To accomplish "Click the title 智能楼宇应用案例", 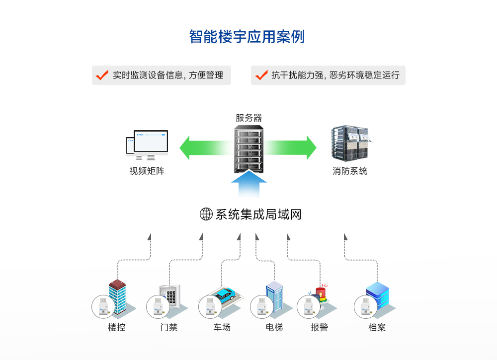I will point(247,37).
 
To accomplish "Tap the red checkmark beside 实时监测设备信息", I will point(102,75).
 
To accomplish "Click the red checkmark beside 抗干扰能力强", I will point(261,75).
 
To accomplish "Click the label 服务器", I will point(248,118).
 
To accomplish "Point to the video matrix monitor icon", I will point(147,144).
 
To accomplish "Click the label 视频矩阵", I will point(147,171).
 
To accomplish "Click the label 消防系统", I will point(350,171).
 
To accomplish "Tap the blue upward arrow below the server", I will point(248,185).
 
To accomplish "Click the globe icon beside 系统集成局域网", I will point(206,214).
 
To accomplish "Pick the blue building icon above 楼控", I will point(117,296).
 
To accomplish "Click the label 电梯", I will point(274,328).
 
